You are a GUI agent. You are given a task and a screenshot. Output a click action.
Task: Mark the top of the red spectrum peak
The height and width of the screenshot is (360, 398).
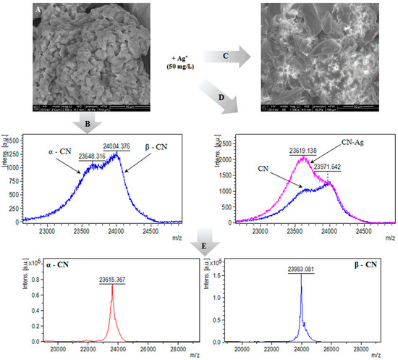pyautogui.click(x=112, y=285)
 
